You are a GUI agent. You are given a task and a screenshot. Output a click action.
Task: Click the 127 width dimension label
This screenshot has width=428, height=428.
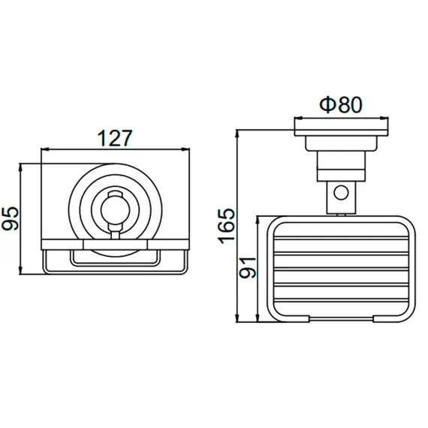click(115, 138)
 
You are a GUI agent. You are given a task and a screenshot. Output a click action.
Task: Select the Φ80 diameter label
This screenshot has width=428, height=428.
click(341, 104)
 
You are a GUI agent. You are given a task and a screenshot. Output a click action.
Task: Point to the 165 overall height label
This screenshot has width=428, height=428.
click(226, 226)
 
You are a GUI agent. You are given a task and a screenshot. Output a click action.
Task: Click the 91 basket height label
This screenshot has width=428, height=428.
click(248, 268)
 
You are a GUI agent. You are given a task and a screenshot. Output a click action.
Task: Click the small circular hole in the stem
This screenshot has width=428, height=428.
click(341, 193)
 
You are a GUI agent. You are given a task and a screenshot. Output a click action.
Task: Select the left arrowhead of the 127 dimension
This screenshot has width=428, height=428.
click(45, 149)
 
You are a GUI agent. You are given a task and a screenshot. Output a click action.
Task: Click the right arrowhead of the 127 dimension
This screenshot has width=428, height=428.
click(185, 149)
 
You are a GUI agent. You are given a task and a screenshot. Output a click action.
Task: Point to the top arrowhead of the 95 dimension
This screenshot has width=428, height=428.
click(20, 167)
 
